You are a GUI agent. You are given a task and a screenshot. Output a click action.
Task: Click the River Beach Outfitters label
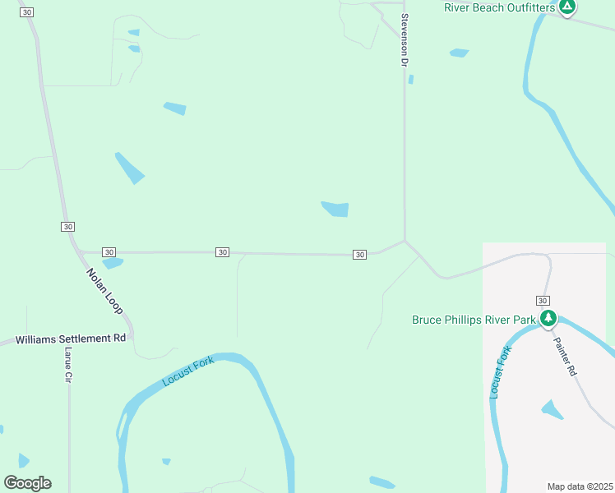tap(500, 7)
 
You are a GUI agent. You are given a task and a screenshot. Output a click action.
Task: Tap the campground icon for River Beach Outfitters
tap(566, 7)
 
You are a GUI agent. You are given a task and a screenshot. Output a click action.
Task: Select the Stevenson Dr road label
tap(405, 39)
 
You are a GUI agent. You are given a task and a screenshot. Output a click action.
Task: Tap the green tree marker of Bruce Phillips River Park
tap(548, 318)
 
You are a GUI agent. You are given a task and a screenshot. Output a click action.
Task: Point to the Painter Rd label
tap(566, 357)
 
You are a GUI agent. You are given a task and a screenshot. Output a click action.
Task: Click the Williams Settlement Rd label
tap(71, 339)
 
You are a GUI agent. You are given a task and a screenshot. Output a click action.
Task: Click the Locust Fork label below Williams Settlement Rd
tap(188, 371)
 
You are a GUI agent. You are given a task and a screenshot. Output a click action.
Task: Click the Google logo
tap(27, 483)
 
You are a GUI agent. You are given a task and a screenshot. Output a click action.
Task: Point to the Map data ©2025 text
tap(580, 486)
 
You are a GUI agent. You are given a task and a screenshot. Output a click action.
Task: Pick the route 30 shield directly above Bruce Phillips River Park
tap(543, 301)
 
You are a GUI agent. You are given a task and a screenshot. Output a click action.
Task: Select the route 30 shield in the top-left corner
tap(27, 12)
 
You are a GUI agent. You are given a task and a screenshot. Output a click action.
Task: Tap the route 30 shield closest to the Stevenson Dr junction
tap(359, 255)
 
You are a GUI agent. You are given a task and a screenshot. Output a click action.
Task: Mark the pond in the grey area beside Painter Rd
tap(552, 409)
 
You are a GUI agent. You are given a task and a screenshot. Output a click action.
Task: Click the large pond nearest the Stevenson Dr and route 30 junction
tap(335, 210)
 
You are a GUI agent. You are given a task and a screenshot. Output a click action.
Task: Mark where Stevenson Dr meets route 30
tap(405, 241)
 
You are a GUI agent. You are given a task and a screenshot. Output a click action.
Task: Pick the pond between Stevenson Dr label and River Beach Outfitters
tap(459, 53)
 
